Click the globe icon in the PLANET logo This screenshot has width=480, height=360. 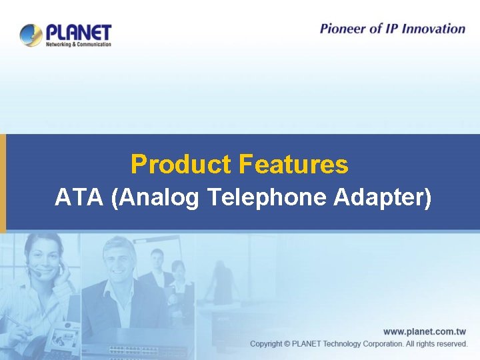point(31,35)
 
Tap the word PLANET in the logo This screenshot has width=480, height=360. point(79,32)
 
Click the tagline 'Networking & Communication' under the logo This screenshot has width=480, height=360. point(78,45)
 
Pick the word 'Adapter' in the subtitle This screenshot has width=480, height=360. point(383,197)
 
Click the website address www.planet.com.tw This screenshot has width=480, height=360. point(425,331)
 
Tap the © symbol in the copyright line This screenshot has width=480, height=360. point(287,344)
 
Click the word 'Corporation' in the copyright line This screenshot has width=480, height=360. point(380,344)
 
